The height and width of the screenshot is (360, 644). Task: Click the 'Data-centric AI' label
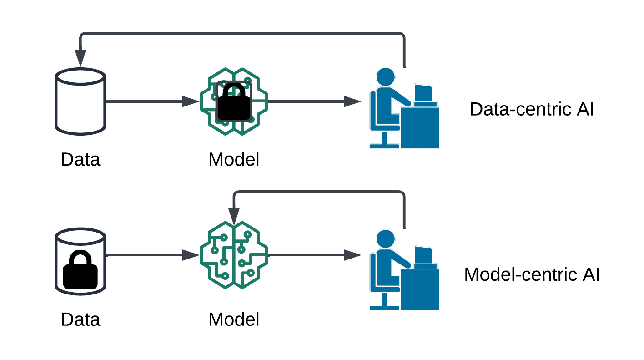(x=532, y=110)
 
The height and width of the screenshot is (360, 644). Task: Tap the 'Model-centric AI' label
(x=532, y=275)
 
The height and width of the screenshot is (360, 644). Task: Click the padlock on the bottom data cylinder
(x=80, y=270)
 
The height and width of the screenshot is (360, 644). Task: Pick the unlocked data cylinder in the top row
(x=80, y=101)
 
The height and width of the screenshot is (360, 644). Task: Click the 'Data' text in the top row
(x=80, y=160)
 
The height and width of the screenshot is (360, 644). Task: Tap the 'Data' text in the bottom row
(x=80, y=319)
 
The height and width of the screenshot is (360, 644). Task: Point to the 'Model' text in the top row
(x=234, y=160)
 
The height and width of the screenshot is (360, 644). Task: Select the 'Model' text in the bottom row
(x=234, y=319)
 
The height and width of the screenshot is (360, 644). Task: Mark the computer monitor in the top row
(x=423, y=95)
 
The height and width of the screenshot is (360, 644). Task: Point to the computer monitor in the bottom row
(x=423, y=256)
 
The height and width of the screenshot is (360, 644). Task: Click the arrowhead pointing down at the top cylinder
(x=80, y=58)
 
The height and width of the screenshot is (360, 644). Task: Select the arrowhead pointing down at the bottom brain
(x=234, y=216)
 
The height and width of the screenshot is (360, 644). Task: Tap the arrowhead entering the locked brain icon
(x=191, y=101)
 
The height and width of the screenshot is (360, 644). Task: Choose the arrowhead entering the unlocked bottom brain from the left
(x=191, y=255)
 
